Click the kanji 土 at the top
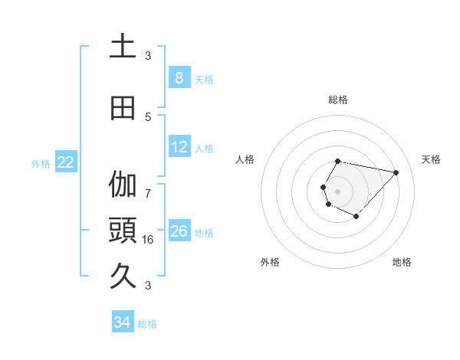(123, 47)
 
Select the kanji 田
(123, 108)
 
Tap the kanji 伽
(123, 185)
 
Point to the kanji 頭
(123, 231)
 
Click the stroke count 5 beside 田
(148, 116)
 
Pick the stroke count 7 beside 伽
(148, 192)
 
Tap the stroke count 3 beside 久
(148, 285)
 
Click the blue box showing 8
(179, 77)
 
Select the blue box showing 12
(179, 147)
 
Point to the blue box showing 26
(179, 231)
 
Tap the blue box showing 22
(66, 162)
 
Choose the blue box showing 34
(123, 322)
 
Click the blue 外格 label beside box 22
(41, 163)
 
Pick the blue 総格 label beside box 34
(147, 324)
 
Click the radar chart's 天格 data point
(396, 172)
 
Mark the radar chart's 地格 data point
(356, 217)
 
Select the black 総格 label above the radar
(338, 100)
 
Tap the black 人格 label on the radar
(245, 159)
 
